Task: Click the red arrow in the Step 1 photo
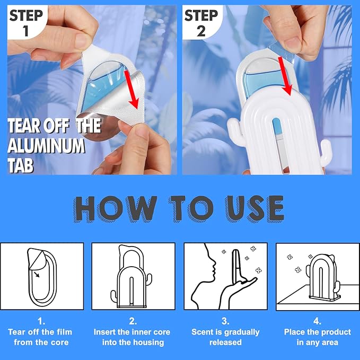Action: [x=132, y=90]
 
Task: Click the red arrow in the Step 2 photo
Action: [x=285, y=76]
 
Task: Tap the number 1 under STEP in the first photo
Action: [x=25, y=31]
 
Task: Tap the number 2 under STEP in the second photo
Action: [x=201, y=31]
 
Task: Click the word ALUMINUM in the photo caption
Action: [x=46, y=146]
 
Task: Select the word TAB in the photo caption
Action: [x=21, y=165]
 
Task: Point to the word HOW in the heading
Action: [x=115, y=209]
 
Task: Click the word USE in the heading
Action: [x=254, y=209]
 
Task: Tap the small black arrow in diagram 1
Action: [x=36, y=274]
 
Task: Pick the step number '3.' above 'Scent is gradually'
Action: [x=225, y=321]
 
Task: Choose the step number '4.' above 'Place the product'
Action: [x=317, y=321]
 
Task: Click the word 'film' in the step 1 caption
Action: [x=64, y=332]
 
